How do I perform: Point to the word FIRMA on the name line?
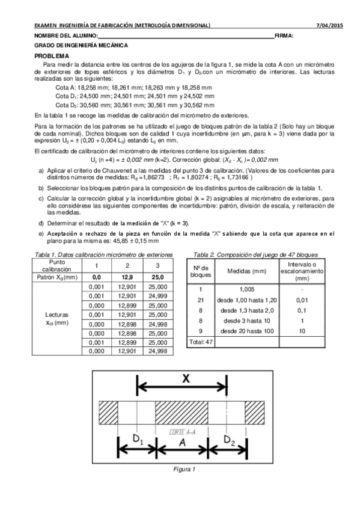pos(284,36)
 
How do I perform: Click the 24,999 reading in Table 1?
pos(157,296)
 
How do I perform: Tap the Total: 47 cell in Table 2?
pos(202,342)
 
